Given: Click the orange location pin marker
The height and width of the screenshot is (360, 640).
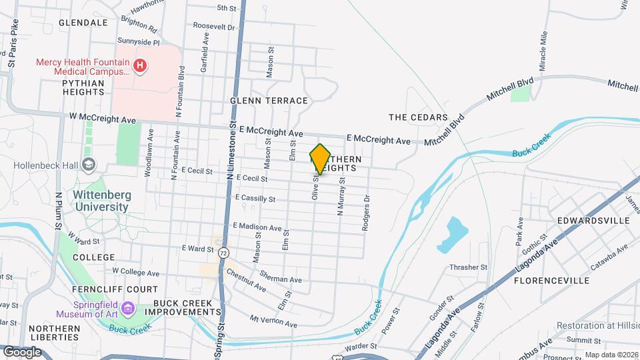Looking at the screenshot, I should point(321,159).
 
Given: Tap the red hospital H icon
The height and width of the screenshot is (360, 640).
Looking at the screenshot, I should point(140,65).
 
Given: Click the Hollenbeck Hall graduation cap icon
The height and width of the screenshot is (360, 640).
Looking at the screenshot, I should point(88,165).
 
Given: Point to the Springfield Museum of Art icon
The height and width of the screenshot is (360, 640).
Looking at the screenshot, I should point(128,310).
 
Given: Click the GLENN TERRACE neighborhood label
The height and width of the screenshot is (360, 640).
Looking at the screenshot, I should point(269,101).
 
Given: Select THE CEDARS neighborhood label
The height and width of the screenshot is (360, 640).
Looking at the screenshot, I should point(418,117).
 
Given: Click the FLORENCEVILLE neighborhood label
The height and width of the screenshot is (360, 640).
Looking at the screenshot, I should point(551,281).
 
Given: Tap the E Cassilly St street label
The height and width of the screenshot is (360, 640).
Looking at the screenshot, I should point(255,199).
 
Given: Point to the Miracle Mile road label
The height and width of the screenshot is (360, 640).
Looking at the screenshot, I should point(543,51).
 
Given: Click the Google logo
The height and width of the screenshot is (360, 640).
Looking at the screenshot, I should point(22,351).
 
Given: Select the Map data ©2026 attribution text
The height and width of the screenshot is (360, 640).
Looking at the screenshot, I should point(611,355).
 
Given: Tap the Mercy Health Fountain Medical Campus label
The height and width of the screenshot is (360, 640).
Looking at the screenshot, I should point(83,66).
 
